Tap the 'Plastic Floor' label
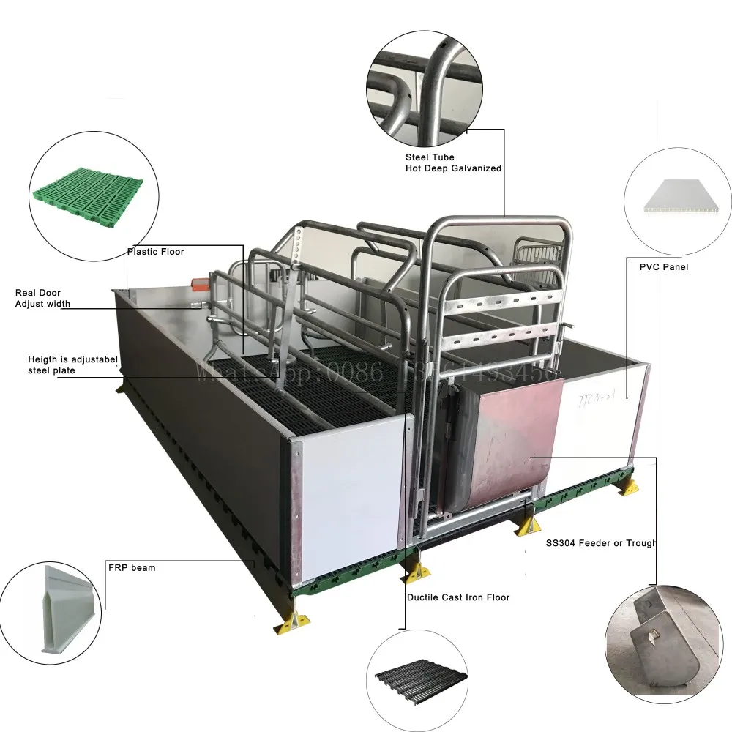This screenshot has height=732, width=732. tap(156, 252)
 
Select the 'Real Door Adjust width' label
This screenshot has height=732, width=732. tap(38, 298)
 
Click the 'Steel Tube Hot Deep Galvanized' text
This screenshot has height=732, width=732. tap(453, 163)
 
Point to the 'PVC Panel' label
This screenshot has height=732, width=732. tap(664, 267)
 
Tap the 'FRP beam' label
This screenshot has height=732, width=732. tap(132, 567)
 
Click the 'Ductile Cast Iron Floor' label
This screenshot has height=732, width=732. tap(458, 597)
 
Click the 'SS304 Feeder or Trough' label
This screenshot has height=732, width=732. tap(600, 543)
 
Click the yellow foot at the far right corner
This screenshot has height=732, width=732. tap(627, 485)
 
